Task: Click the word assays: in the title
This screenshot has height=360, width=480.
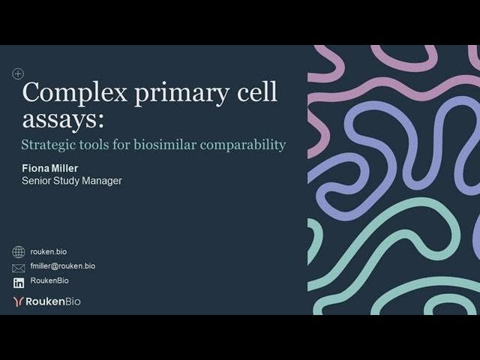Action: click(63, 119)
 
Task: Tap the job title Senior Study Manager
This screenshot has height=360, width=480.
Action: click(71, 181)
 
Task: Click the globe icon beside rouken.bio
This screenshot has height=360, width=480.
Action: click(19, 252)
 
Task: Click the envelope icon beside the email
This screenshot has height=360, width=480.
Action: click(19, 267)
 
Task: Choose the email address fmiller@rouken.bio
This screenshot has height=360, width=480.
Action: click(63, 266)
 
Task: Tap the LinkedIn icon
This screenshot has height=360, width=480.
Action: click(19, 282)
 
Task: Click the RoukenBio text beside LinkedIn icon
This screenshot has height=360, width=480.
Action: click(49, 280)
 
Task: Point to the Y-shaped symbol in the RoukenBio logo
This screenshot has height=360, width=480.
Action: click(19, 301)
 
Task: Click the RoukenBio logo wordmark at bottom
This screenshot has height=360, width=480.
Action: click(53, 301)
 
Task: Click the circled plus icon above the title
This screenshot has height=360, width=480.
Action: click(18, 73)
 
